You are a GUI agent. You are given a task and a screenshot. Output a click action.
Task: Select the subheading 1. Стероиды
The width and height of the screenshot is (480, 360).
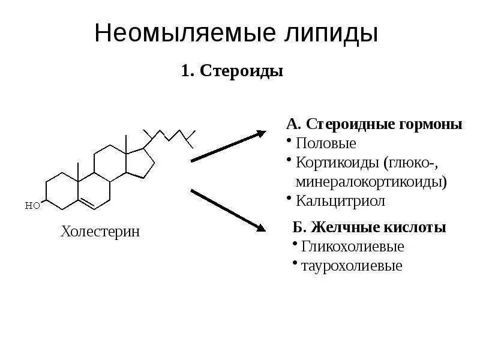tap(232, 71)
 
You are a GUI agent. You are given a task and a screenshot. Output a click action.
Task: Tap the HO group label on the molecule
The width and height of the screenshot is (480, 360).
tap(33, 205)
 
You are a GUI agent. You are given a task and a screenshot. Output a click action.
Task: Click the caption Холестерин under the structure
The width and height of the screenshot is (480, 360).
tap(100, 232)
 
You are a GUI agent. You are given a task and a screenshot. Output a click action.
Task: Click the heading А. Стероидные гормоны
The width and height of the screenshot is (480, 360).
tap(374, 124)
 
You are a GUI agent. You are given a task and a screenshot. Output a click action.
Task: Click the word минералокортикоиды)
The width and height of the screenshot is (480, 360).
tap(371, 181)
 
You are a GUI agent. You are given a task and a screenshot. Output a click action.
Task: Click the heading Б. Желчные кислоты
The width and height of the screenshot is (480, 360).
tap(369, 228)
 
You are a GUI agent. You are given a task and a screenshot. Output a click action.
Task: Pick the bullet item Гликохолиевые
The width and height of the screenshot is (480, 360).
tap(352, 247)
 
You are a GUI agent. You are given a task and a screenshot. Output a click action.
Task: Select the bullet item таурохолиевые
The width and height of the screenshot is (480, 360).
tap(352, 266)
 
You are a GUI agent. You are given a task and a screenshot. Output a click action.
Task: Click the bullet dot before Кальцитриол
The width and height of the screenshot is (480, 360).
tap(289, 197)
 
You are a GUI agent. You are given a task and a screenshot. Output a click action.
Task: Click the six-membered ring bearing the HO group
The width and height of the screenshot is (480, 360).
tap(62, 191)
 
